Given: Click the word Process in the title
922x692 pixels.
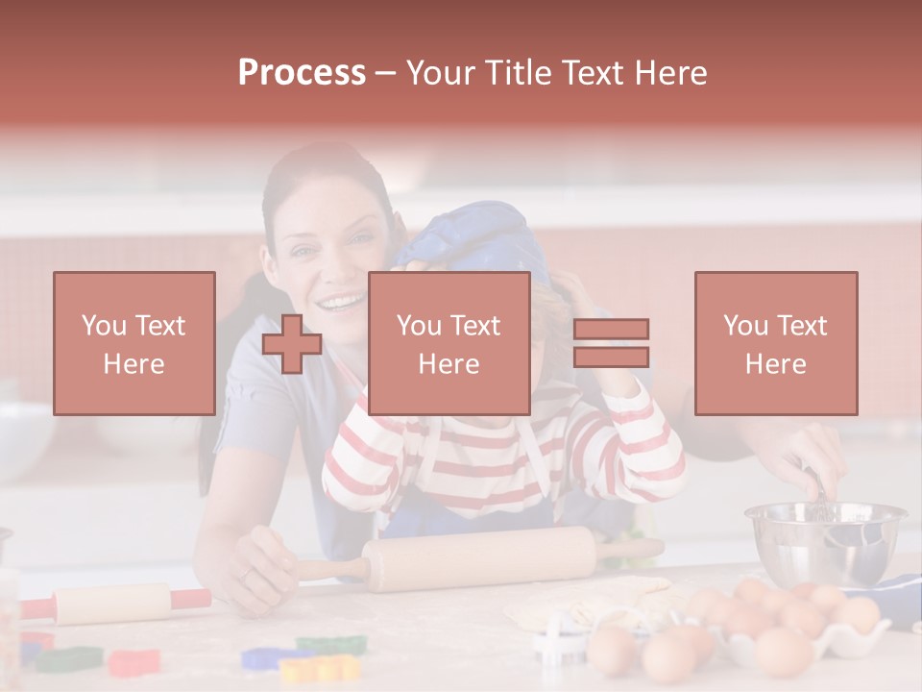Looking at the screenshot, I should [302, 72].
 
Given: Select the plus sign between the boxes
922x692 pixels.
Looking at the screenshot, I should [292, 344].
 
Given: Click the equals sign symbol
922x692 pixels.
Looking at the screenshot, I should [611, 343].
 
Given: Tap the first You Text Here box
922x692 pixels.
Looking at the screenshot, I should [133, 343].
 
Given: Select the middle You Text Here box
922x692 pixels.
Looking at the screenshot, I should [449, 343].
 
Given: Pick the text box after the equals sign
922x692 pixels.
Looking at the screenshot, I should [775, 343].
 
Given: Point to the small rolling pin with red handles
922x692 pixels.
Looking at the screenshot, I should [113, 603].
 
